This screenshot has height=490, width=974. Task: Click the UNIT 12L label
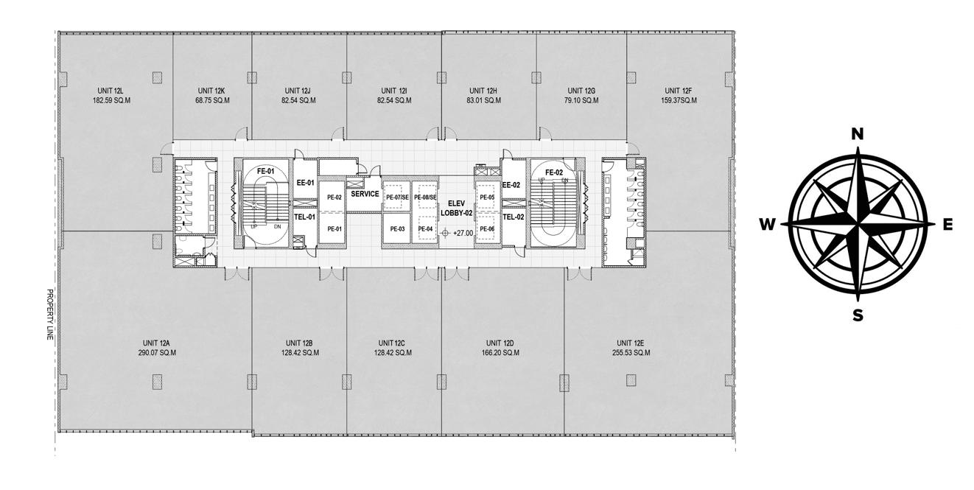[x=111, y=91]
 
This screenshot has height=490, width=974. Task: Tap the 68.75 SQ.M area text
[x=212, y=100]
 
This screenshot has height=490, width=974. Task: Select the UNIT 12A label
[x=156, y=343]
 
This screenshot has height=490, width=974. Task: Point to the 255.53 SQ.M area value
[x=631, y=353]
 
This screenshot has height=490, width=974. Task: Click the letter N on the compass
[x=857, y=135]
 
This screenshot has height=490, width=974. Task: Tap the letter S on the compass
[x=858, y=315]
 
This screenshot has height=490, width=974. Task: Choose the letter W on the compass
[x=768, y=224]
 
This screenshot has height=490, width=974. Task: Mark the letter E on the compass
[x=947, y=224]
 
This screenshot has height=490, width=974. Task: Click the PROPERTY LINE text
[x=50, y=315]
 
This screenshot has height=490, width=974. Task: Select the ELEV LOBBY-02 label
[x=457, y=209]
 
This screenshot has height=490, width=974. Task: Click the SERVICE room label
[x=365, y=194]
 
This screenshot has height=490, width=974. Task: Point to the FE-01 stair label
[x=266, y=171]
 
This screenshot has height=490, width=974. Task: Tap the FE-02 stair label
[x=554, y=172]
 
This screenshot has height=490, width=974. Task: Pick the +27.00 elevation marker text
[x=463, y=233]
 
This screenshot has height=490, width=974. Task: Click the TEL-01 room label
[x=305, y=217]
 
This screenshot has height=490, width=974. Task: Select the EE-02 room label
[x=511, y=185]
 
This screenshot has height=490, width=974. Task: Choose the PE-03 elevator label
[x=397, y=229]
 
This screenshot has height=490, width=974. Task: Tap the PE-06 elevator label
[x=487, y=229]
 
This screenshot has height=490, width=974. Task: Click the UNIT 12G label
[x=581, y=91]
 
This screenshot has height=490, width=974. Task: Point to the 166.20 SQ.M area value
[x=500, y=353]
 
